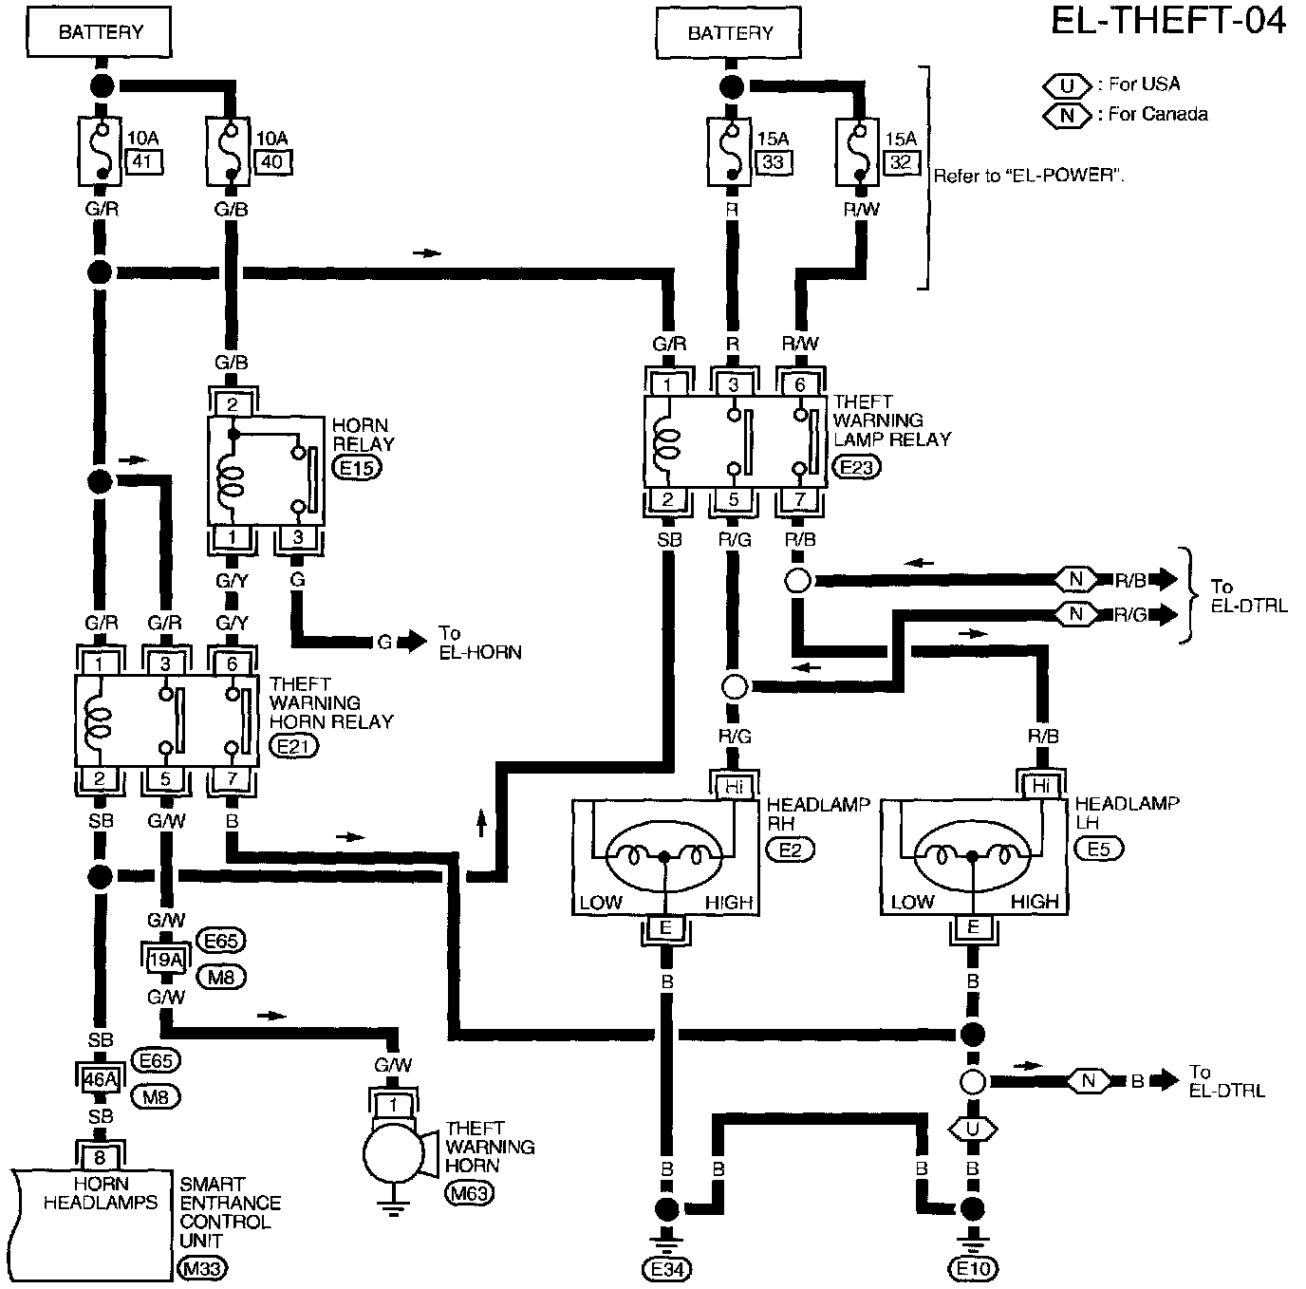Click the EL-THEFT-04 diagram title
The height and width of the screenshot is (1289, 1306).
(x=1166, y=21)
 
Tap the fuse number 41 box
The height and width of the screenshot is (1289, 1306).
(x=142, y=162)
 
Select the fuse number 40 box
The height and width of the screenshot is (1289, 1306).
(x=272, y=162)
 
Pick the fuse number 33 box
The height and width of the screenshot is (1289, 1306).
(x=774, y=162)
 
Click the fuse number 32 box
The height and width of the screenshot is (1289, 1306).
(x=901, y=162)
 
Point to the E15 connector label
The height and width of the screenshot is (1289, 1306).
(x=356, y=468)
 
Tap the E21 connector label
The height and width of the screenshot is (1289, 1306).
(x=294, y=747)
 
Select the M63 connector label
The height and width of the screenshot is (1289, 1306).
(x=470, y=1193)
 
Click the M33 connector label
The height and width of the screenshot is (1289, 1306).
(x=203, y=1268)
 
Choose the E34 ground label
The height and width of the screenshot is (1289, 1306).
(x=666, y=1268)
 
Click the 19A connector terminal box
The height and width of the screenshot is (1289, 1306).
(x=165, y=960)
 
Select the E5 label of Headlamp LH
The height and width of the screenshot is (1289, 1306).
(x=1098, y=849)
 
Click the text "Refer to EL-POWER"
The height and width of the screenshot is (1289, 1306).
(x=1029, y=176)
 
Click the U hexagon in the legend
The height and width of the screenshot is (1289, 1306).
(x=1068, y=84)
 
